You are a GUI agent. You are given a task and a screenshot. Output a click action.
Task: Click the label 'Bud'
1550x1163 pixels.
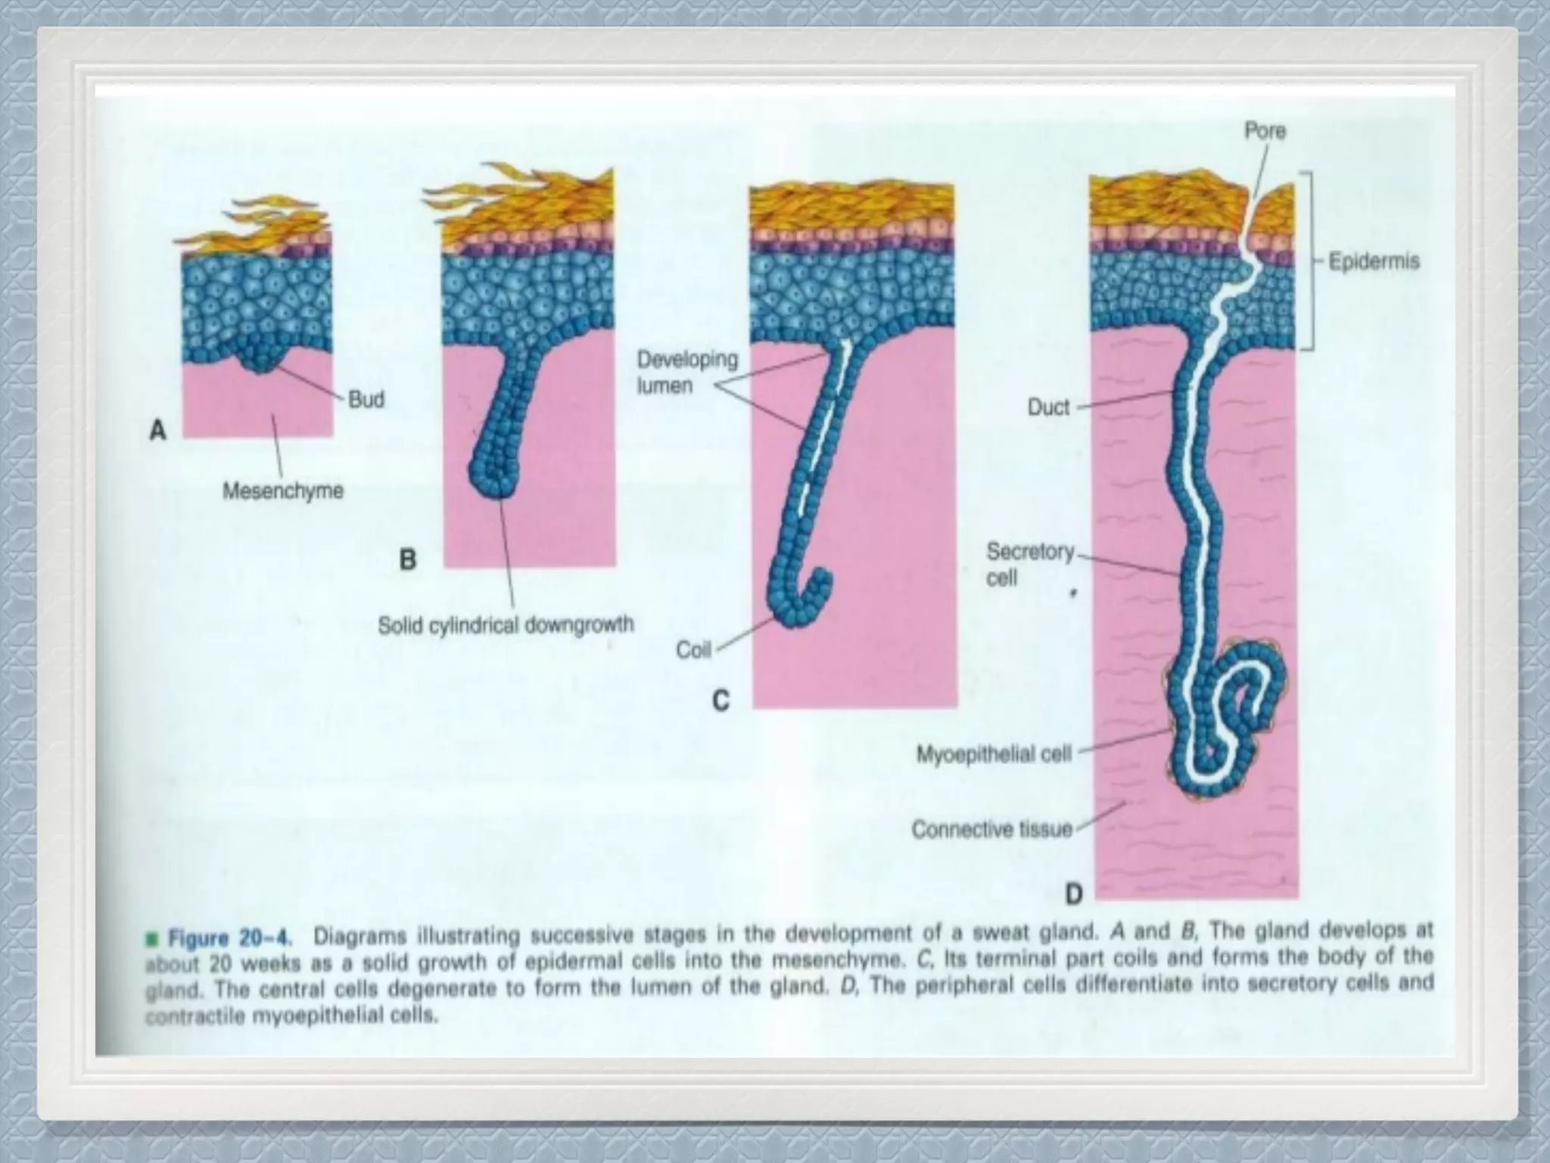click(366, 399)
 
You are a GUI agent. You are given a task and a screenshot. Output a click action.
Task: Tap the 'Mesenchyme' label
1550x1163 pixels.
click(283, 491)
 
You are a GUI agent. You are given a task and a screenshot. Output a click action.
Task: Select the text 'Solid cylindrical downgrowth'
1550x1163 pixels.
click(506, 625)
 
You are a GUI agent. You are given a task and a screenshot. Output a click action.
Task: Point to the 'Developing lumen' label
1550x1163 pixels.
click(686, 372)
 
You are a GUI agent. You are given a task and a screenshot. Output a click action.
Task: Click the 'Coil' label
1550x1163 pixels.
click(693, 650)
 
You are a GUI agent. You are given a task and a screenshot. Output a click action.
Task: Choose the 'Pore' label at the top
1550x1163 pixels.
click(1265, 131)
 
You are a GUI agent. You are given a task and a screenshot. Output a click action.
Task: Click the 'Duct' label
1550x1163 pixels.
click(1048, 407)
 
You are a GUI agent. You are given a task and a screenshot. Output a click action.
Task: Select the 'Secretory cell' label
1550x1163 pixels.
click(1029, 565)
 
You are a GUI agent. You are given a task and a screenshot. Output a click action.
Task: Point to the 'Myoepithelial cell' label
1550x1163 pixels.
click(994, 754)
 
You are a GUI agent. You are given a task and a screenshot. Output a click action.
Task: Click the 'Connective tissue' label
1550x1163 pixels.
click(991, 830)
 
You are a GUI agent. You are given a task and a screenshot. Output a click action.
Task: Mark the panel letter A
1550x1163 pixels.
click(157, 431)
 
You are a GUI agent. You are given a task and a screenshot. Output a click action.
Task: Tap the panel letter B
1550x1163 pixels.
click(407, 560)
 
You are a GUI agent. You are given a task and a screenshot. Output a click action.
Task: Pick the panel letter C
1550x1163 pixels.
click(721, 701)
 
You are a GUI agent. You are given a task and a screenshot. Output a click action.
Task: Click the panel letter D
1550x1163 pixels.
click(1074, 896)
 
